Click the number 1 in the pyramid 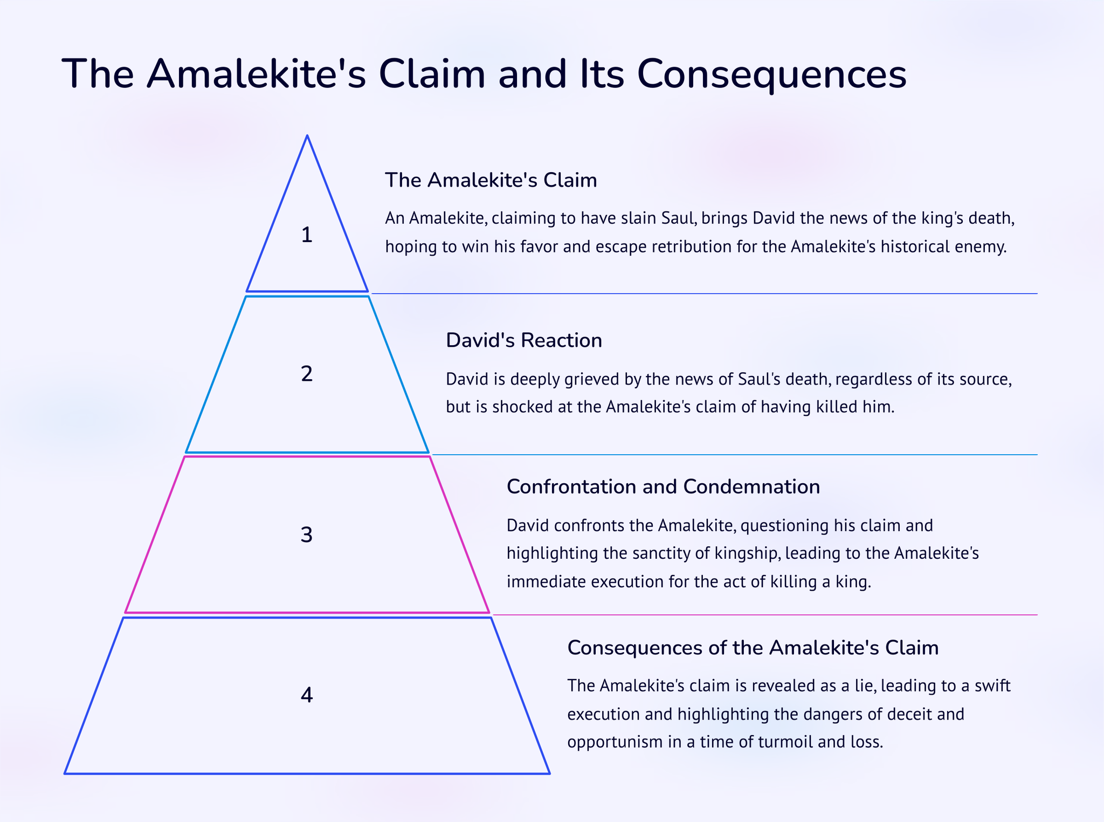307,235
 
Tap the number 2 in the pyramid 307,374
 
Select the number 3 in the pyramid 306,535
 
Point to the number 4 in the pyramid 306,695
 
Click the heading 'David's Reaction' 523,340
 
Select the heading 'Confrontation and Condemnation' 663,487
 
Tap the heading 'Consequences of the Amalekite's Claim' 753,647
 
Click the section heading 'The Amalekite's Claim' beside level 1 491,180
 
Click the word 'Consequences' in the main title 771,74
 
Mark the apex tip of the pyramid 307,136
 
